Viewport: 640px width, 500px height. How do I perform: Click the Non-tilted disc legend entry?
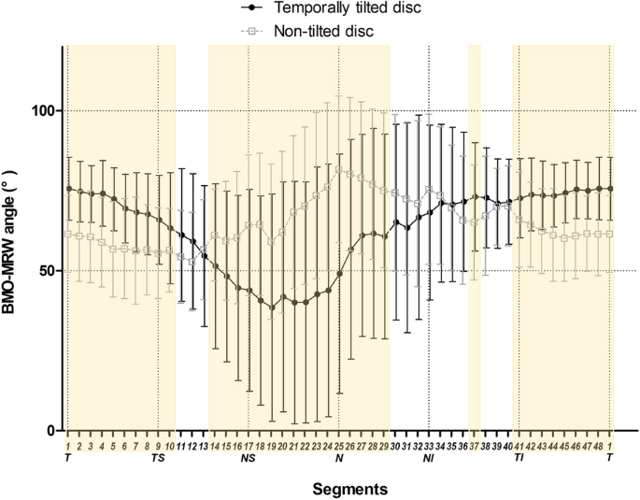tap(321, 31)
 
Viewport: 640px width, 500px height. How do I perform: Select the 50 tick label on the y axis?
tap(50, 271)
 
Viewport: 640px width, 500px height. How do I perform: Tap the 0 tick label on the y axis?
tap(55, 431)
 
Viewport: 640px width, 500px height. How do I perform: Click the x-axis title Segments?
tap(339, 488)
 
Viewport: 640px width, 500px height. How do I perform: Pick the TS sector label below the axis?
tap(158, 458)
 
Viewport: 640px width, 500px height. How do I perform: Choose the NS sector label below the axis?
tap(249, 458)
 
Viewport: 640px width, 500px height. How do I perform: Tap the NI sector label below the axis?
tap(429, 458)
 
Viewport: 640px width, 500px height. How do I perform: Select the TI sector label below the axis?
tap(519, 458)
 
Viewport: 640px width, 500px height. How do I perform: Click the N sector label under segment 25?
tap(338, 458)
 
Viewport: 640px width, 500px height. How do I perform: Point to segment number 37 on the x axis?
tap(475, 444)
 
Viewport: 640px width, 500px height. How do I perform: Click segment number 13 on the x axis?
tap(204, 444)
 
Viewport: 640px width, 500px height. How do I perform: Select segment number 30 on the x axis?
tap(395, 444)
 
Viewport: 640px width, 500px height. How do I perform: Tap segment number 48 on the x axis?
tap(599, 444)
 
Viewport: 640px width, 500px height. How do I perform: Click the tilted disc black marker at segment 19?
tap(272, 307)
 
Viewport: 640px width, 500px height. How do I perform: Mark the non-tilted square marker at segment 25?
tap(339, 167)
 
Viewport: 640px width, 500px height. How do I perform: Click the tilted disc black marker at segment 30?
tap(395, 222)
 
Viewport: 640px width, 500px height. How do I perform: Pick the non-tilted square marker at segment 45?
tap(564, 237)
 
